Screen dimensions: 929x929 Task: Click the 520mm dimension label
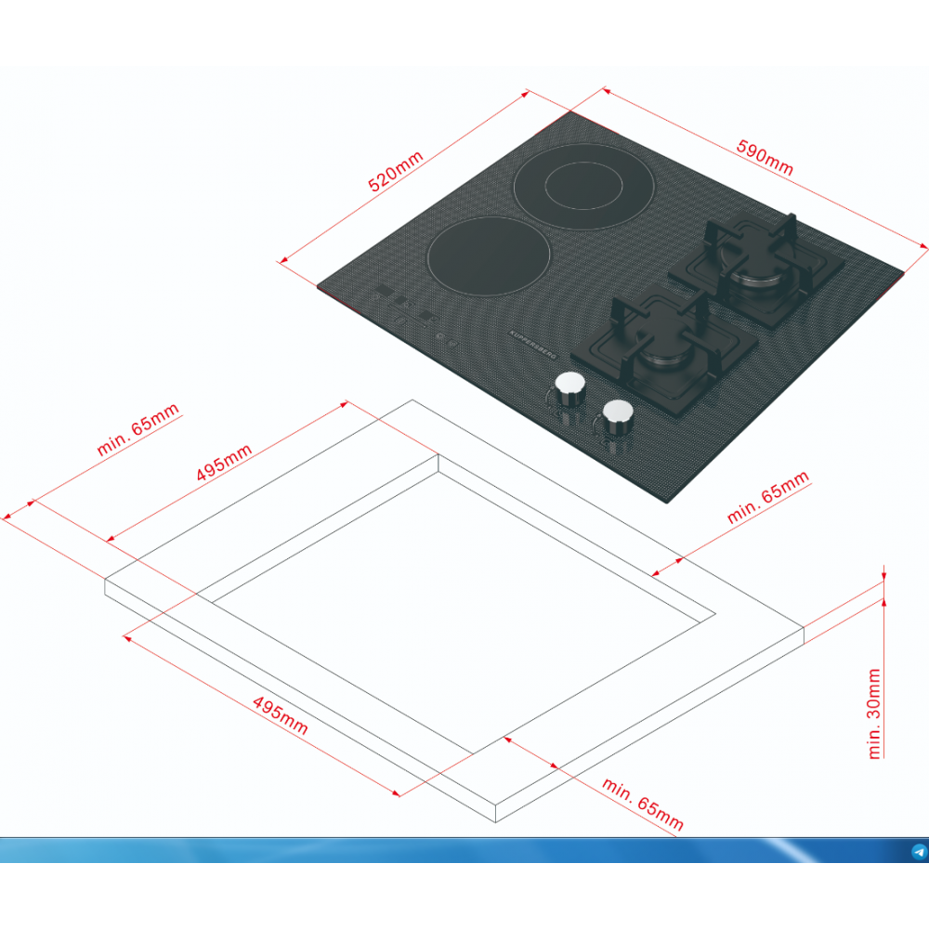tap(395, 171)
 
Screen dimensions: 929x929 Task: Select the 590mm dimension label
tap(765, 158)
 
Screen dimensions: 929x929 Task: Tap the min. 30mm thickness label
tap(874, 713)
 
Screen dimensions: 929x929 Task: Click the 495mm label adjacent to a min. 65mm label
tap(224, 462)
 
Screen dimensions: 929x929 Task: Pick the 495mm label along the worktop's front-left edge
tap(280, 715)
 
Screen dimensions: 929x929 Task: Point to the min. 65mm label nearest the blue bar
tap(643, 804)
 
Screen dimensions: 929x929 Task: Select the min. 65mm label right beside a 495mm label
tap(137, 429)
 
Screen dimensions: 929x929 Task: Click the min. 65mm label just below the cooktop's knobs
tap(768, 497)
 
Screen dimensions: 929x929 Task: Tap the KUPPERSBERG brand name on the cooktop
tap(532, 345)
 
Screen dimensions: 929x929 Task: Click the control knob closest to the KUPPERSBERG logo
tap(570, 389)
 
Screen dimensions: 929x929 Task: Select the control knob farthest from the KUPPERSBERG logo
tap(618, 417)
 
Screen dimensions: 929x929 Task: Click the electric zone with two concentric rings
tap(583, 186)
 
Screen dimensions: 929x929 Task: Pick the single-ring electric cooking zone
tap(489, 255)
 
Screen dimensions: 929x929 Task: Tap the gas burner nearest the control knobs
tap(665, 349)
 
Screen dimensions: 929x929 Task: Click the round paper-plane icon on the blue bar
tap(919, 852)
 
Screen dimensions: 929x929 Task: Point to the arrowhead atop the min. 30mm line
tap(884, 575)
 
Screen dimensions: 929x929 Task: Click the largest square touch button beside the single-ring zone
tap(384, 290)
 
